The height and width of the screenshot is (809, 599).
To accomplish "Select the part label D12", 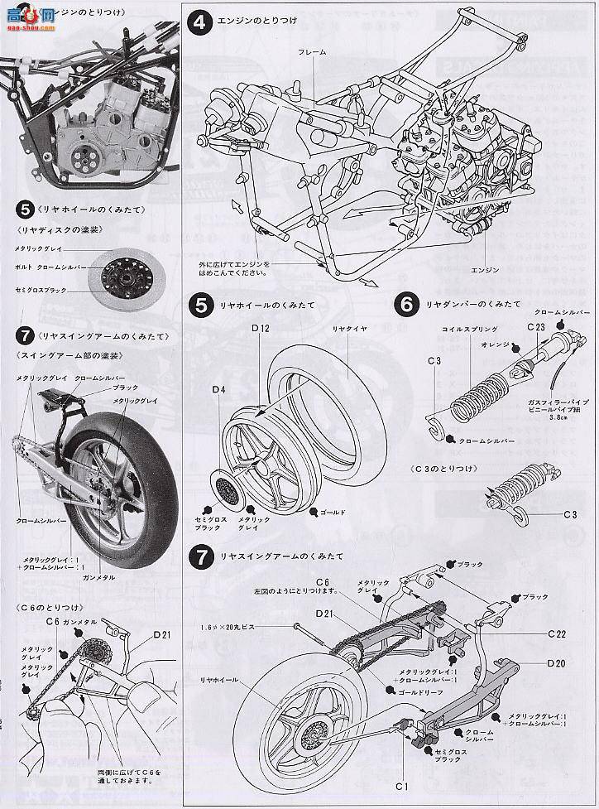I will [261, 328].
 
